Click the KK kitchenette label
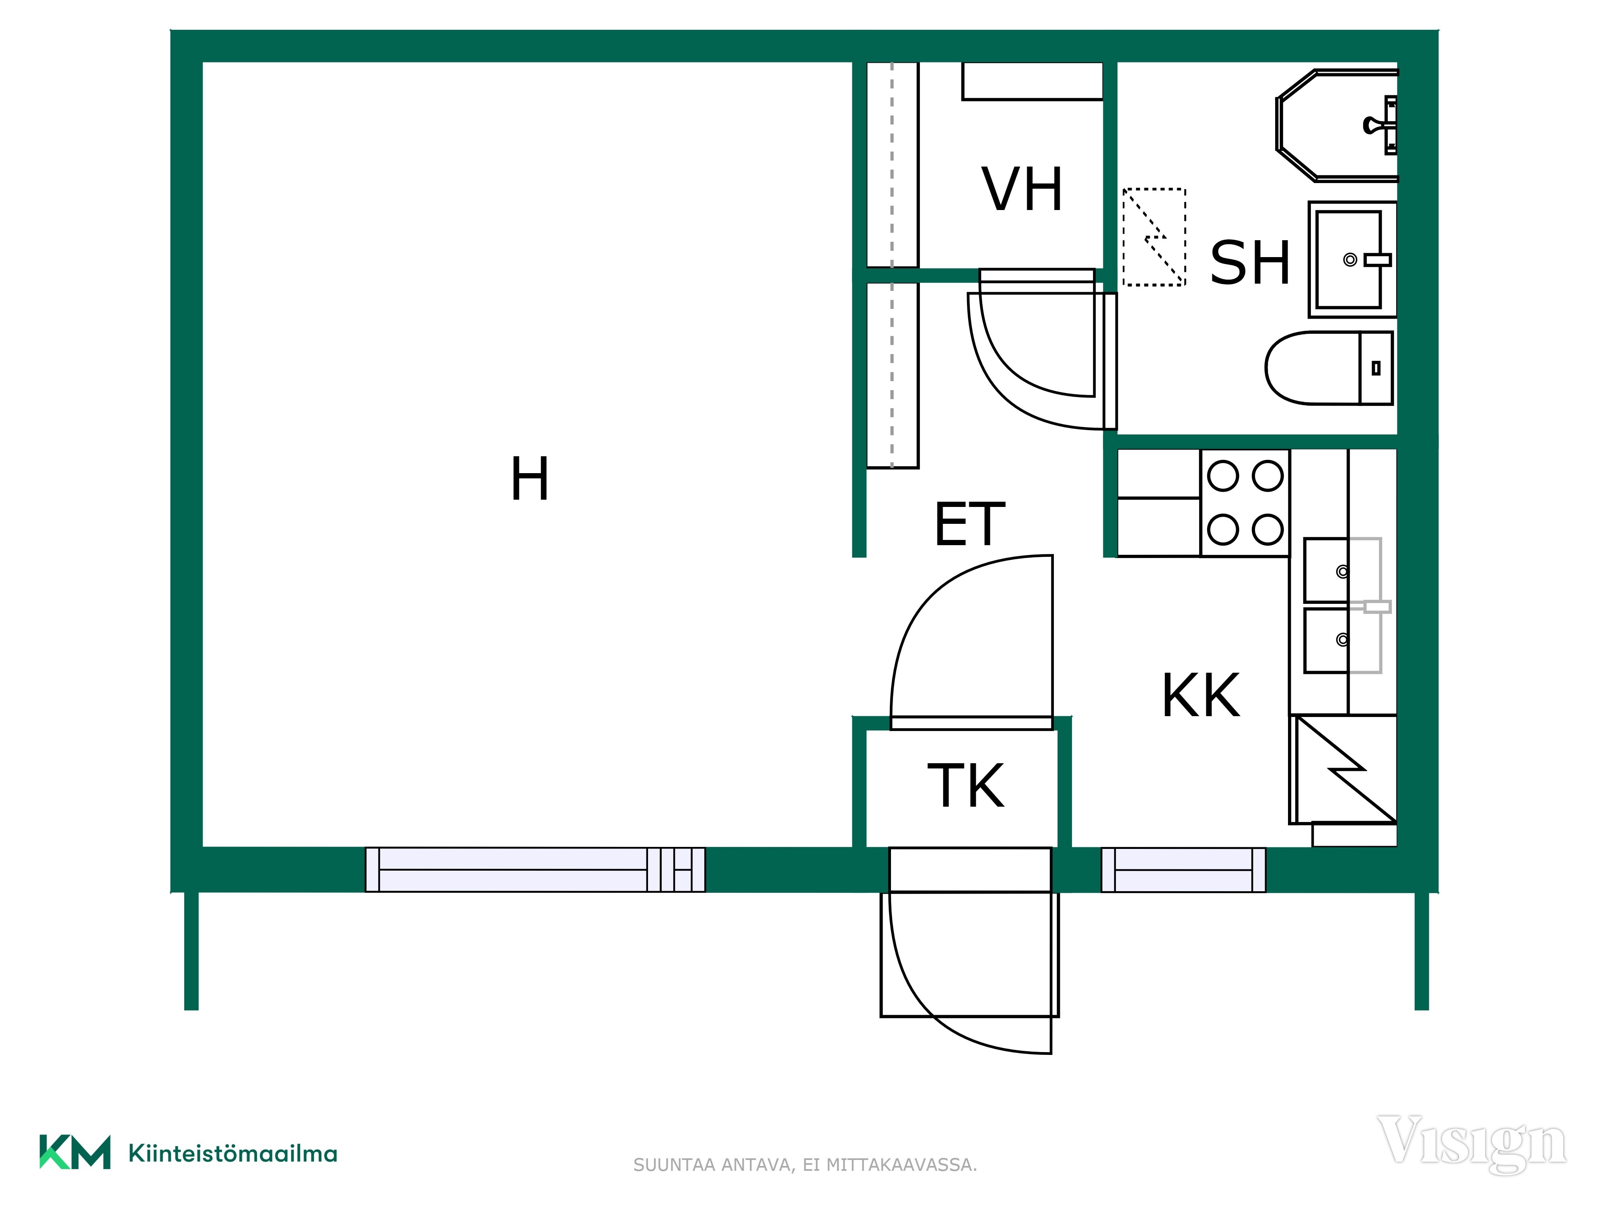coord(1201,696)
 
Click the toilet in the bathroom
coord(1329,368)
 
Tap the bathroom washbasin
coord(1352,260)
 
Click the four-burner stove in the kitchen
coord(1245,503)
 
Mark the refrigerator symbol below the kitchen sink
coord(1343,770)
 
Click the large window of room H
coord(535,869)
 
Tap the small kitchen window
coord(1183,869)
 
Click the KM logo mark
coord(75,1152)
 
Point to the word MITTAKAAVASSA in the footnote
coord(901,1165)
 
